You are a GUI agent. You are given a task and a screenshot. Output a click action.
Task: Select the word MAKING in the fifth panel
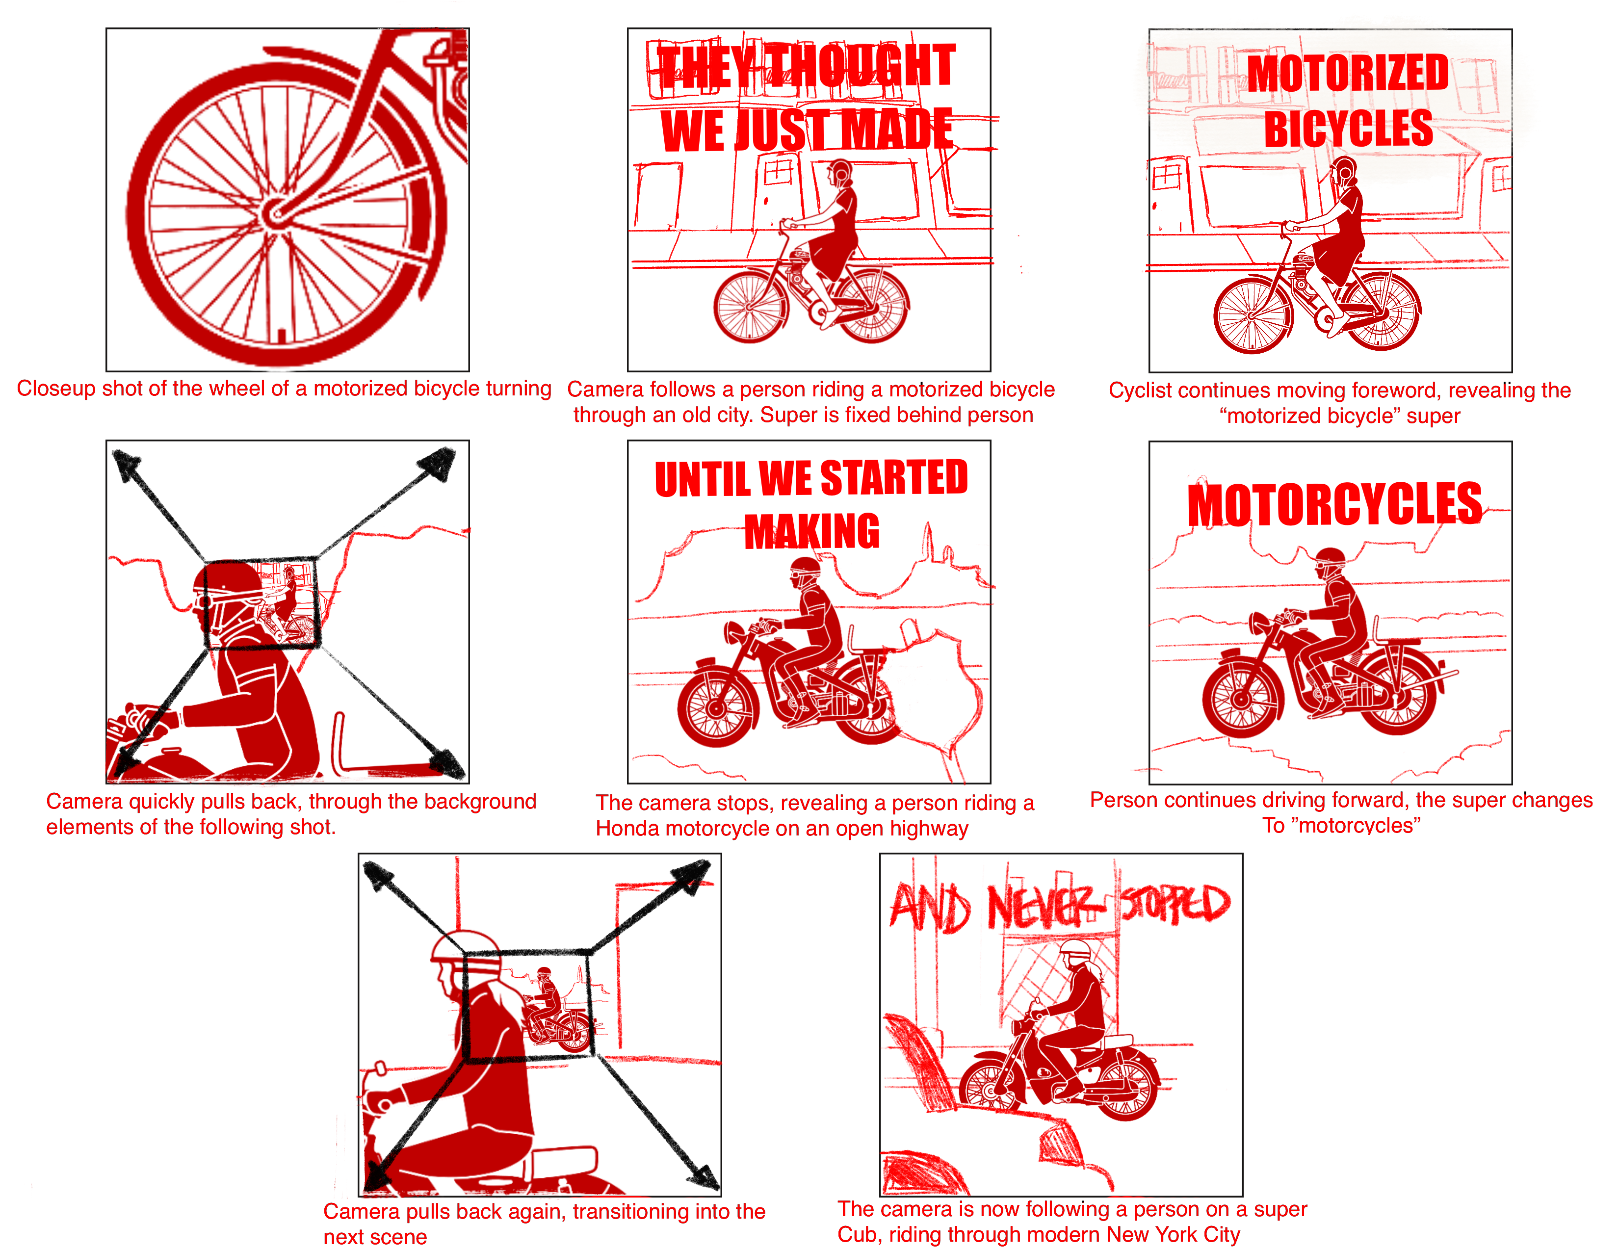(812, 531)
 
